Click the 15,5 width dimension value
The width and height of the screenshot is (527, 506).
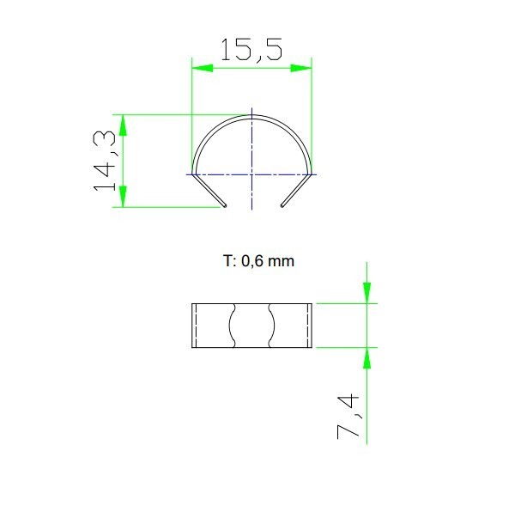tap(251, 49)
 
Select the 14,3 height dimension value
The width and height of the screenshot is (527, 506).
tap(106, 161)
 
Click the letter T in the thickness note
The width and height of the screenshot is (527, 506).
tap(225, 260)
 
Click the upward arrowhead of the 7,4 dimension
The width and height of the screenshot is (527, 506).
tap(367, 357)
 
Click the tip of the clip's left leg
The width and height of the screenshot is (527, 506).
tap(225, 205)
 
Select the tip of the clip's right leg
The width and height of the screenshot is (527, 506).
tap(282, 205)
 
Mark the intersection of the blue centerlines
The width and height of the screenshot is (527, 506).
tap(251, 174)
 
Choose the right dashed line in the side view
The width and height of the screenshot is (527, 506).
tap(305, 325)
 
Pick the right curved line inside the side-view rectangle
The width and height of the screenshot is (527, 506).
tap(272, 325)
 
